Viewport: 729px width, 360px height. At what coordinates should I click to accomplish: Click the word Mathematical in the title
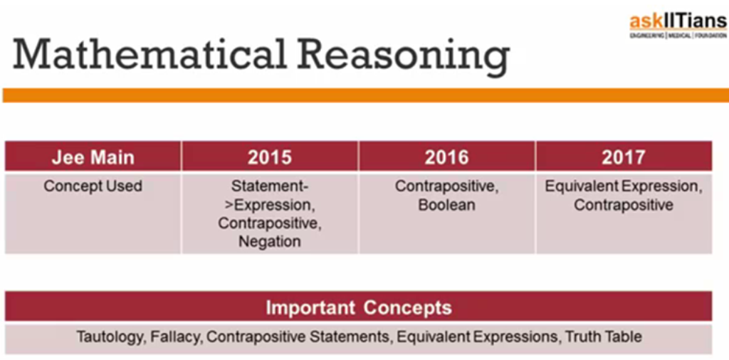(151, 55)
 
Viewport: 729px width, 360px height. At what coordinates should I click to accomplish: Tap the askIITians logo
(678, 26)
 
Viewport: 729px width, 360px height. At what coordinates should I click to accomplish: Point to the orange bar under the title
(365, 95)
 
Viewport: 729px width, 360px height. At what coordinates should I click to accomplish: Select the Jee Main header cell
(93, 157)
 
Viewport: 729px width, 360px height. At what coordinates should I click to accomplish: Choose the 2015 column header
(270, 157)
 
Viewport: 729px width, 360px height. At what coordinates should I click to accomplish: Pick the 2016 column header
(447, 157)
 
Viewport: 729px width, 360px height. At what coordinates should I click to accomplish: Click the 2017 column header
(624, 157)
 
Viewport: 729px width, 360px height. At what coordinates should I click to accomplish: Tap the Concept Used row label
(93, 186)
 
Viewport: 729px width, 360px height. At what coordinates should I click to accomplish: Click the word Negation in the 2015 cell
(270, 242)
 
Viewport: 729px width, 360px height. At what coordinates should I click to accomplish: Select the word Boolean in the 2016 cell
(447, 205)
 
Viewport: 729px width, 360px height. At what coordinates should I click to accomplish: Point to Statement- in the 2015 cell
(270, 186)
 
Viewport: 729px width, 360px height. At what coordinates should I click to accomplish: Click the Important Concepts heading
(359, 307)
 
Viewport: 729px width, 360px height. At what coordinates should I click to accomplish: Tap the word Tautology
(111, 337)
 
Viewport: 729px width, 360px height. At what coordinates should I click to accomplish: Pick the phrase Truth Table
(604, 337)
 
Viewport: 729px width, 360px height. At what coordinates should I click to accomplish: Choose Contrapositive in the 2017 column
(624, 205)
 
